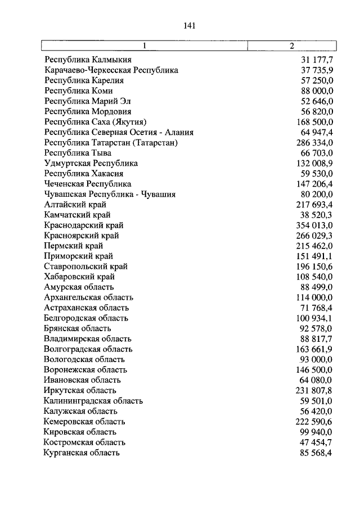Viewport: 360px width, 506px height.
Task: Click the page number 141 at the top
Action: (188, 25)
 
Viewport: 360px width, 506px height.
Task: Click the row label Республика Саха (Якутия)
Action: (95, 121)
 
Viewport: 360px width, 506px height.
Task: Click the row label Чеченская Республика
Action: (88, 184)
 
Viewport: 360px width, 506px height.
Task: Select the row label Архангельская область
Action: (88, 297)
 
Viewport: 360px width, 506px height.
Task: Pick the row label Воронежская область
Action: (85, 369)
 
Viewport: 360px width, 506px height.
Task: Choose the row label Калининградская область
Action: (93, 401)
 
